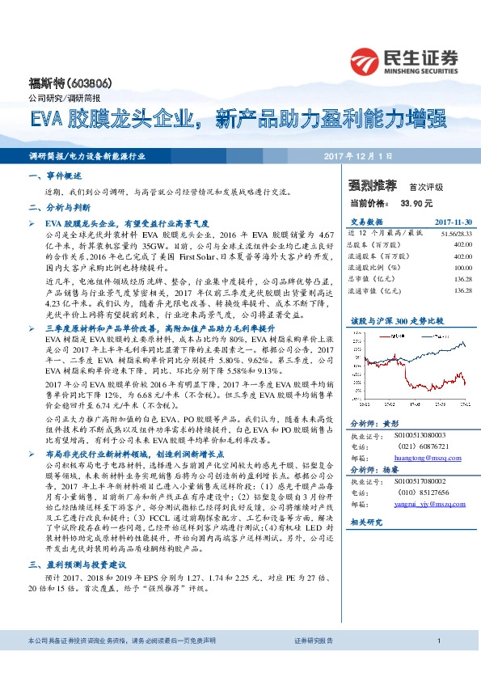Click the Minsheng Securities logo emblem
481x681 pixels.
click(366, 58)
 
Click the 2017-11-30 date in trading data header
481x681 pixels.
click(454, 221)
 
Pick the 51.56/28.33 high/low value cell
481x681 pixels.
click(457, 232)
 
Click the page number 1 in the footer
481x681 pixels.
click(437, 663)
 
